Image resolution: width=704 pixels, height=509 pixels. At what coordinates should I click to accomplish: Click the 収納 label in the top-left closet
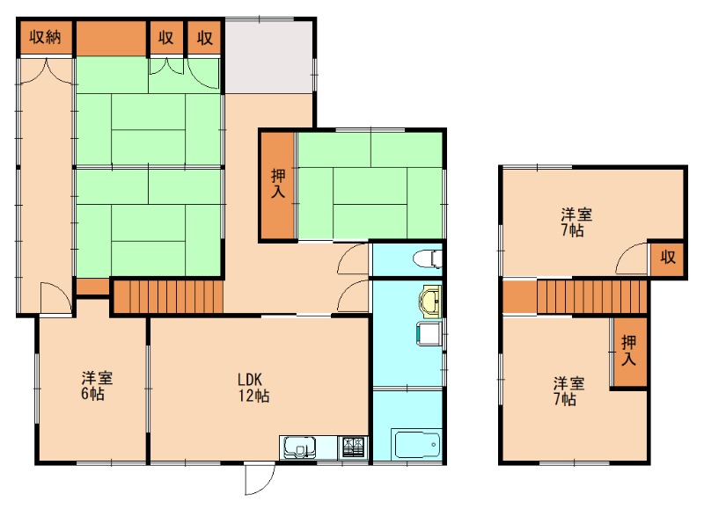[45, 37]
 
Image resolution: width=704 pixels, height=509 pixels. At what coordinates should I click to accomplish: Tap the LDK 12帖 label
[253, 388]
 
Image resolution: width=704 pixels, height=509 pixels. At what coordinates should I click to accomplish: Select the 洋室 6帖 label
[97, 385]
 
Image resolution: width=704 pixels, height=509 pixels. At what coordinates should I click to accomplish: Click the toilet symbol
[428, 259]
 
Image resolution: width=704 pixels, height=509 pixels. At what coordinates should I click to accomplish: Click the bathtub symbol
[416, 445]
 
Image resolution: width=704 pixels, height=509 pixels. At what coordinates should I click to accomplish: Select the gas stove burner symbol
[355, 447]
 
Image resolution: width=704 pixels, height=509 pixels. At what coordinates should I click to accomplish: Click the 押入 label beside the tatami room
[278, 184]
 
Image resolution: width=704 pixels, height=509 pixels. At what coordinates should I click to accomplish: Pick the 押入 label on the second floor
[628, 350]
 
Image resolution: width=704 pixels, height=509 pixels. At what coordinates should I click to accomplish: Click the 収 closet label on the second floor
[668, 258]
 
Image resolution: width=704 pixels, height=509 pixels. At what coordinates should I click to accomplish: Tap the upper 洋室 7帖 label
[576, 222]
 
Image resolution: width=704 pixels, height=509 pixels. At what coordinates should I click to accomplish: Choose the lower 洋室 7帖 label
[568, 391]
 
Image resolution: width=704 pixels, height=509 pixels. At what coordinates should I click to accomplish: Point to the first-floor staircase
[167, 296]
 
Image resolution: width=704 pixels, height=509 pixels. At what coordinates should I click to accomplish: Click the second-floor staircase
[591, 297]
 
